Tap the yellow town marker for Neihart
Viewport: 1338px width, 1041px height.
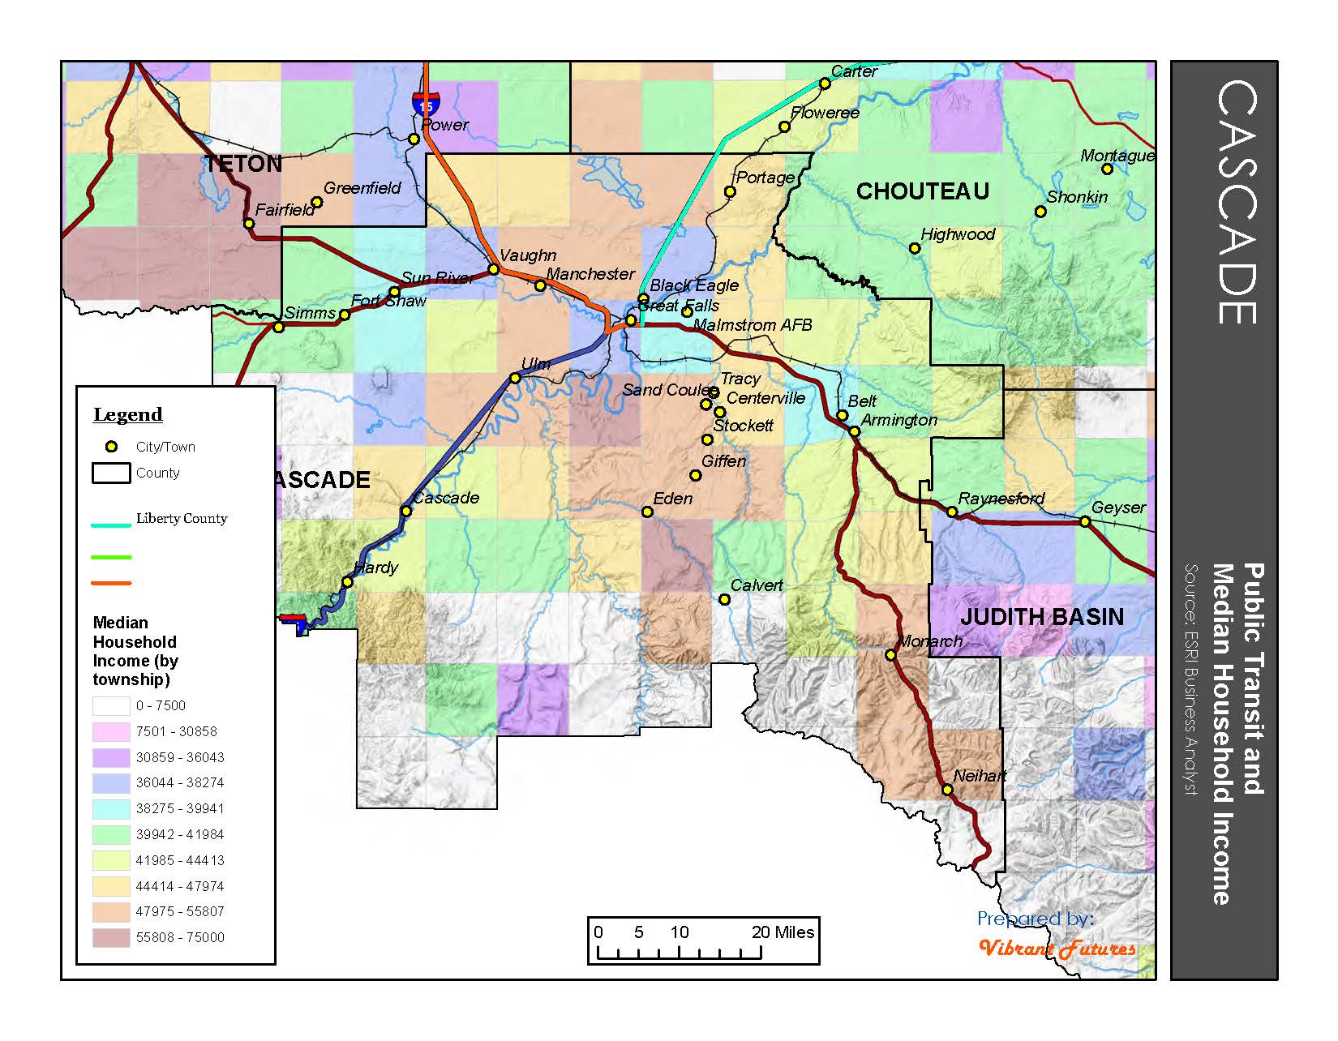(x=946, y=790)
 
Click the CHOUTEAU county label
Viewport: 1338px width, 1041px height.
(x=922, y=191)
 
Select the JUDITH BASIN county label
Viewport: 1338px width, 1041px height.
(x=1042, y=617)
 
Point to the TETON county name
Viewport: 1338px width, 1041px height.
(x=242, y=164)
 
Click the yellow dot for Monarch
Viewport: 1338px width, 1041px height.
(x=890, y=655)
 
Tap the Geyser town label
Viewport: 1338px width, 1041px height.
(x=1118, y=508)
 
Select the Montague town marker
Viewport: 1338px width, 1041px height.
(x=1107, y=169)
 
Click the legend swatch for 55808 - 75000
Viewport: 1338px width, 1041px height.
(x=111, y=937)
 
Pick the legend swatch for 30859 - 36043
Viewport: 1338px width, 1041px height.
(x=111, y=757)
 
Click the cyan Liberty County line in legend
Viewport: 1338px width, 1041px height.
(x=111, y=525)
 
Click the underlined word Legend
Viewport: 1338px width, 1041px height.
(x=128, y=414)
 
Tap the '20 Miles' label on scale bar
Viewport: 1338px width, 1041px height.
(x=783, y=932)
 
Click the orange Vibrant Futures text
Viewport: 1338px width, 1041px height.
(x=1057, y=948)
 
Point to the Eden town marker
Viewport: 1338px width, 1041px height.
(x=647, y=512)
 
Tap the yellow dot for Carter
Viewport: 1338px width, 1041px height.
(x=825, y=83)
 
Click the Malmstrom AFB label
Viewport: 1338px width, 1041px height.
(x=752, y=325)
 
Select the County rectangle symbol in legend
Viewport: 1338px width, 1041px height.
(x=111, y=473)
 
